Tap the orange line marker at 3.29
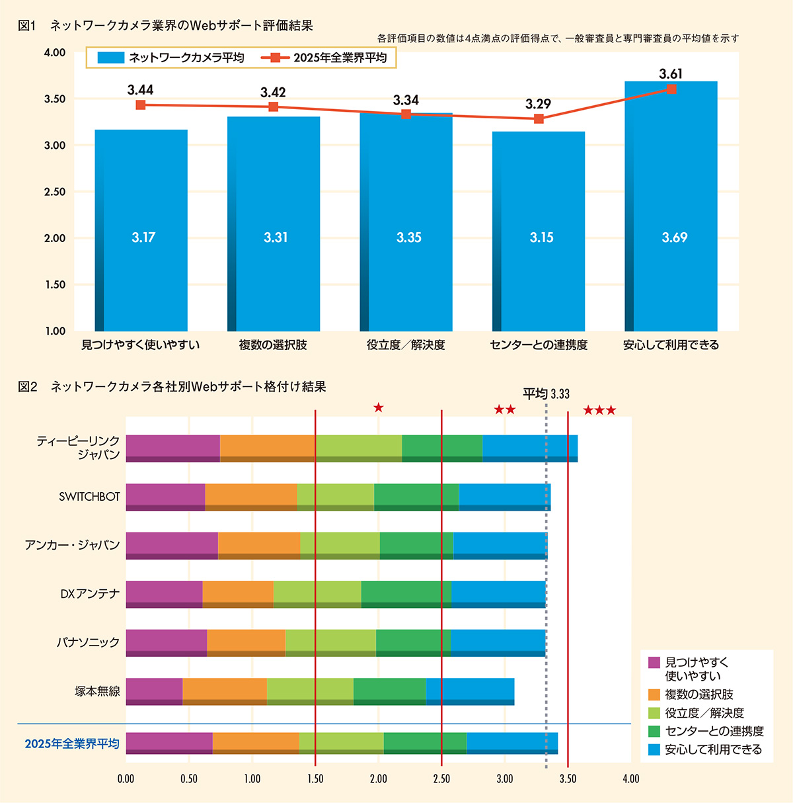coord(539,119)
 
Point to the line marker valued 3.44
coord(141,105)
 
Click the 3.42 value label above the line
coord(273,93)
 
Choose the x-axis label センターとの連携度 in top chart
coord(539,345)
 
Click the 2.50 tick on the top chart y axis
coord(55,192)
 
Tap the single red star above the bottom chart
coord(378,407)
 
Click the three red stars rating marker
coord(599,411)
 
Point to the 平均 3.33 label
coord(546,394)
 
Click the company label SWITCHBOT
coord(89,497)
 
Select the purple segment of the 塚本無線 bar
coord(154,691)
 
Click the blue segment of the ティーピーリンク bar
coord(530,448)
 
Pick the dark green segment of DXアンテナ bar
coord(406,594)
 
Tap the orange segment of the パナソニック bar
coord(246,642)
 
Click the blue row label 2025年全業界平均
coord(72,743)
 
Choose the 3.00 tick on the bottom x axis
coord(505,779)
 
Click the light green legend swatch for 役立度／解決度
coord(654,713)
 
